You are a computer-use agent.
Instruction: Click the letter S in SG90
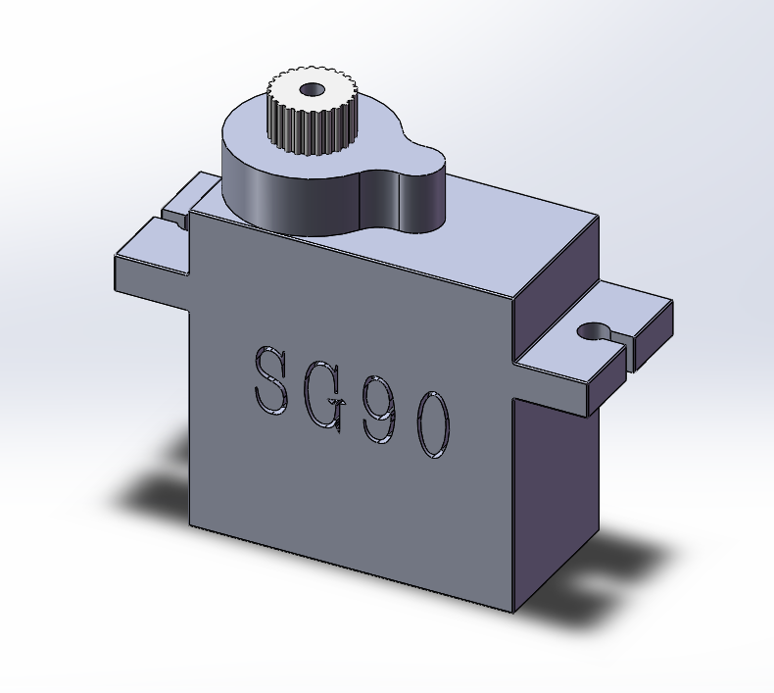pos(271,380)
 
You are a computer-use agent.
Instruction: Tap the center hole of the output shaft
pos(313,90)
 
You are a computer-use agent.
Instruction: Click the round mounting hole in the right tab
pos(592,331)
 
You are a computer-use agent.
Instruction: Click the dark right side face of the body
pos(556,490)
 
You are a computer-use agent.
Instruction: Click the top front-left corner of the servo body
pos(190,212)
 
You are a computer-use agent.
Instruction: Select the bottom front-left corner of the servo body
pos(190,524)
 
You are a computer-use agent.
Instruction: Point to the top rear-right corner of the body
pos(598,216)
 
